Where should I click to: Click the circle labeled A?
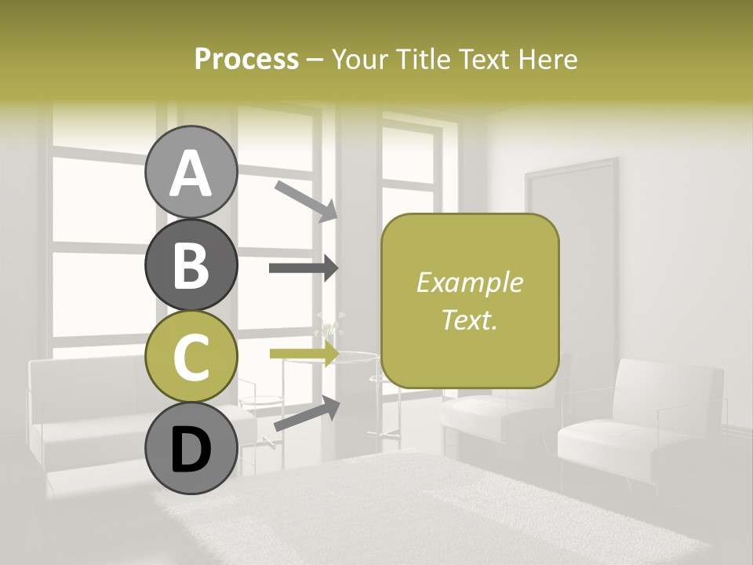coord(191,173)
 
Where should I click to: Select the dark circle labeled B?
coord(191,264)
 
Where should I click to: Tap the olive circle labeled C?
coord(191,356)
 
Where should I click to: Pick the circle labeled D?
coord(191,448)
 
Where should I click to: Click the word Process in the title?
coord(246,59)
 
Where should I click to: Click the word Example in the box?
coord(470,282)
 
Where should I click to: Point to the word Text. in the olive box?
coord(470,319)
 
